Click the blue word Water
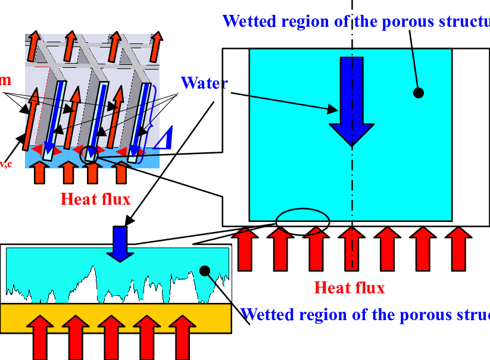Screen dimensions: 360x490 (204, 83)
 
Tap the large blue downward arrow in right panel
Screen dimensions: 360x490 (351, 101)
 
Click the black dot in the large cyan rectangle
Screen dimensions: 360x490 (418, 93)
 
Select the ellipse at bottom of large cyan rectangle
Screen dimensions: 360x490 (302, 218)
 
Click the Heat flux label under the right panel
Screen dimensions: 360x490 (349, 289)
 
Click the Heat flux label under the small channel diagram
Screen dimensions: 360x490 (95, 199)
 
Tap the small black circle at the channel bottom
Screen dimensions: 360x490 (88, 153)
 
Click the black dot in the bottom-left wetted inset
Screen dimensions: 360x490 (204, 271)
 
